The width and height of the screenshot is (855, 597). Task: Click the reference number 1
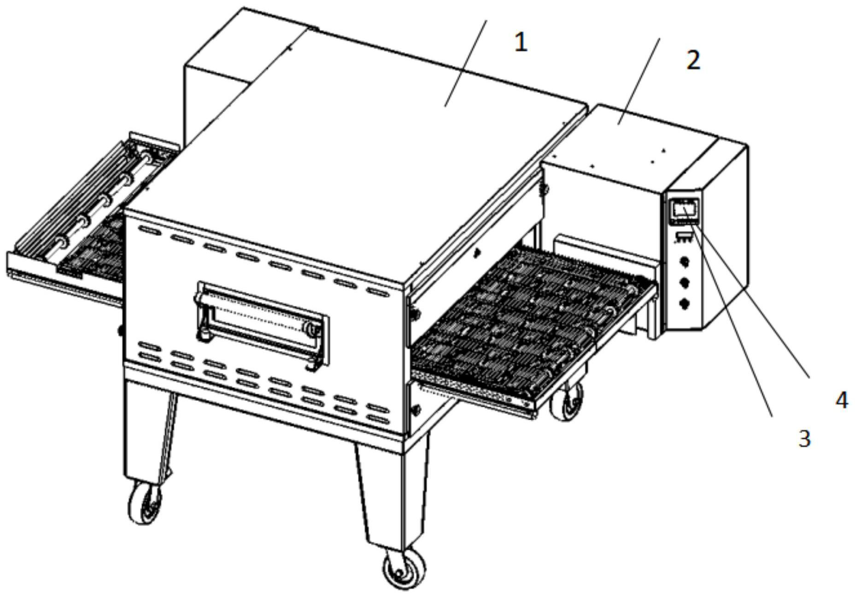point(521,43)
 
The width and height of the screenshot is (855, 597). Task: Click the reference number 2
point(693,60)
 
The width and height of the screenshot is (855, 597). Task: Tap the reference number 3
point(804,439)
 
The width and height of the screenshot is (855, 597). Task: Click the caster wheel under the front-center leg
point(404,568)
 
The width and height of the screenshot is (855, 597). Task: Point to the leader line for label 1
point(465,63)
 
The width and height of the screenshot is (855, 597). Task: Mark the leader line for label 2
point(639,81)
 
